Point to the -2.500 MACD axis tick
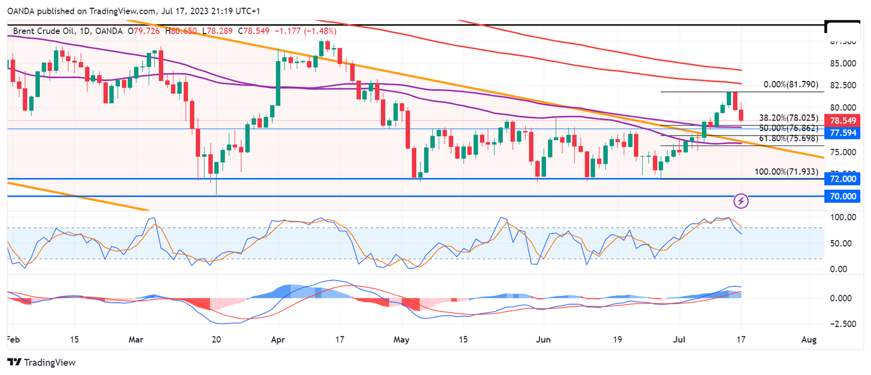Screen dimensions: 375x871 843,324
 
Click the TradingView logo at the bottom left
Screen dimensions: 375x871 41,363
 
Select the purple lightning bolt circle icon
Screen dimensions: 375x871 741,200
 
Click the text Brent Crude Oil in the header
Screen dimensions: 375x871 38,31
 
